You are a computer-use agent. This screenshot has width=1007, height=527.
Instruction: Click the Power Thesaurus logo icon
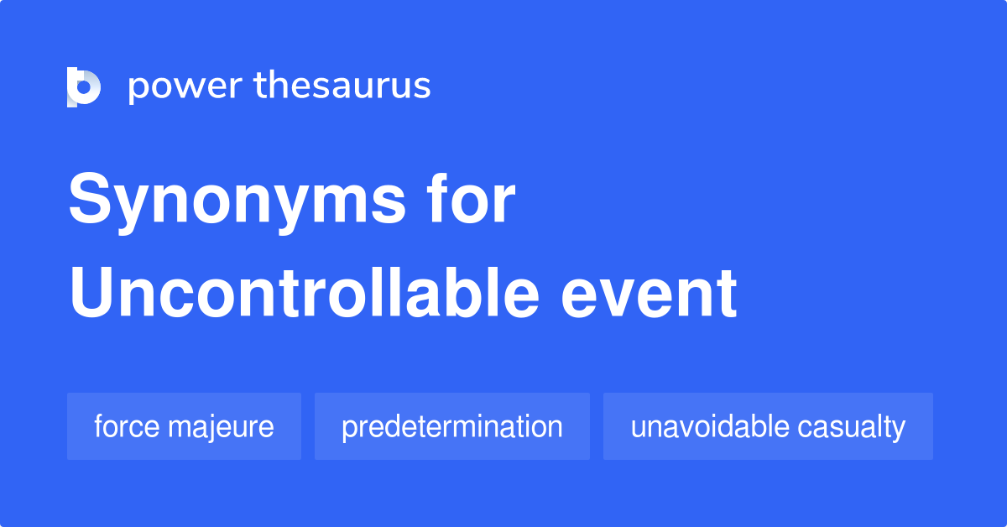(x=84, y=86)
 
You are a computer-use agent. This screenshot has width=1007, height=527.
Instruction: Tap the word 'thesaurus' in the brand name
(x=343, y=86)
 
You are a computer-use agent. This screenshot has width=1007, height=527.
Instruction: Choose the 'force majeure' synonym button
(x=184, y=426)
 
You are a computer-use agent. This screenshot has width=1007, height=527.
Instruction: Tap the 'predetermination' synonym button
(x=451, y=426)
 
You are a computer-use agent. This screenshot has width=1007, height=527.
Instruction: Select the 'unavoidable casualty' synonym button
(x=768, y=426)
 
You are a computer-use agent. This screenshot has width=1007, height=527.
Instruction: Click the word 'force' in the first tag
(x=127, y=426)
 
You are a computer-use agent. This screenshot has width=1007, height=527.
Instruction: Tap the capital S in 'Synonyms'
(x=91, y=201)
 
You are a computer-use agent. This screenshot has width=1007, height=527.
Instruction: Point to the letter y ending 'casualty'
(x=900, y=429)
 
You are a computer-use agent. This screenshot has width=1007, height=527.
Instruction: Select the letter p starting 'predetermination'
(x=347, y=429)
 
